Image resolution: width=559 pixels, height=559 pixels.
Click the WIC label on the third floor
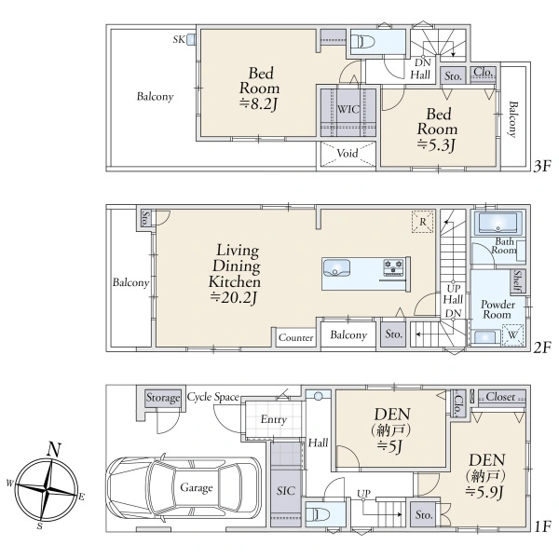348,109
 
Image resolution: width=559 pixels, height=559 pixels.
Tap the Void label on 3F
348,154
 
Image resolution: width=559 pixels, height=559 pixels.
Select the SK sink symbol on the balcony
191,39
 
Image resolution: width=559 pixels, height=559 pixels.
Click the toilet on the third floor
363,43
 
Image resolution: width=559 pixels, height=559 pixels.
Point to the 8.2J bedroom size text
259,104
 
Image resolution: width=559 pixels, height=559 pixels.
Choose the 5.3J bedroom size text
437,144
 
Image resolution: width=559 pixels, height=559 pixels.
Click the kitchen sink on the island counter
336,267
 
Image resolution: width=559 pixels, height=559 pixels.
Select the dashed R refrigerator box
422,222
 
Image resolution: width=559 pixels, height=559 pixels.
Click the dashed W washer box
512,334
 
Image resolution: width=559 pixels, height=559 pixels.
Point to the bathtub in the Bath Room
498,224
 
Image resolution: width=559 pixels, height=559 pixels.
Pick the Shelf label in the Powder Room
518,281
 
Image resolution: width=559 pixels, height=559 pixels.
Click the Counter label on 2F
296,337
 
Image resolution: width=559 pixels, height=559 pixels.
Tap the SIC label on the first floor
286,491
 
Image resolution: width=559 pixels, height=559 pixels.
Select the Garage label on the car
196,487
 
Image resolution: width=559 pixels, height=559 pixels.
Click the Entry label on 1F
273,419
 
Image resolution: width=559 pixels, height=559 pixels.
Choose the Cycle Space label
212,397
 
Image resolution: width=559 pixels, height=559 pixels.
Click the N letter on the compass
54,450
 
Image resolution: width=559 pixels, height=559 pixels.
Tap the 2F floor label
542,347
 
